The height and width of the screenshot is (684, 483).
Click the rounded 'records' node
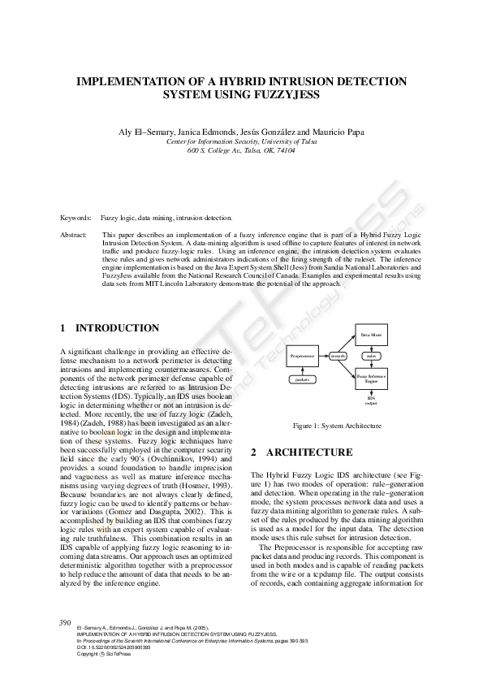(339, 356)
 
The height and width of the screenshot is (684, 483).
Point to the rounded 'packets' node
(302, 379)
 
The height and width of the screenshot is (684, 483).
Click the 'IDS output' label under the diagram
(371, 400)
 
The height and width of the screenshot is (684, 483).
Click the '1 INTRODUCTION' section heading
(110, 328)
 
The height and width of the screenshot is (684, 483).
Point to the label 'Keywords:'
(75, 218)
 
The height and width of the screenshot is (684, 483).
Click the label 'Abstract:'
(75, 234)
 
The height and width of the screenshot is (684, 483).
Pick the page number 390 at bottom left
(67, 623)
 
